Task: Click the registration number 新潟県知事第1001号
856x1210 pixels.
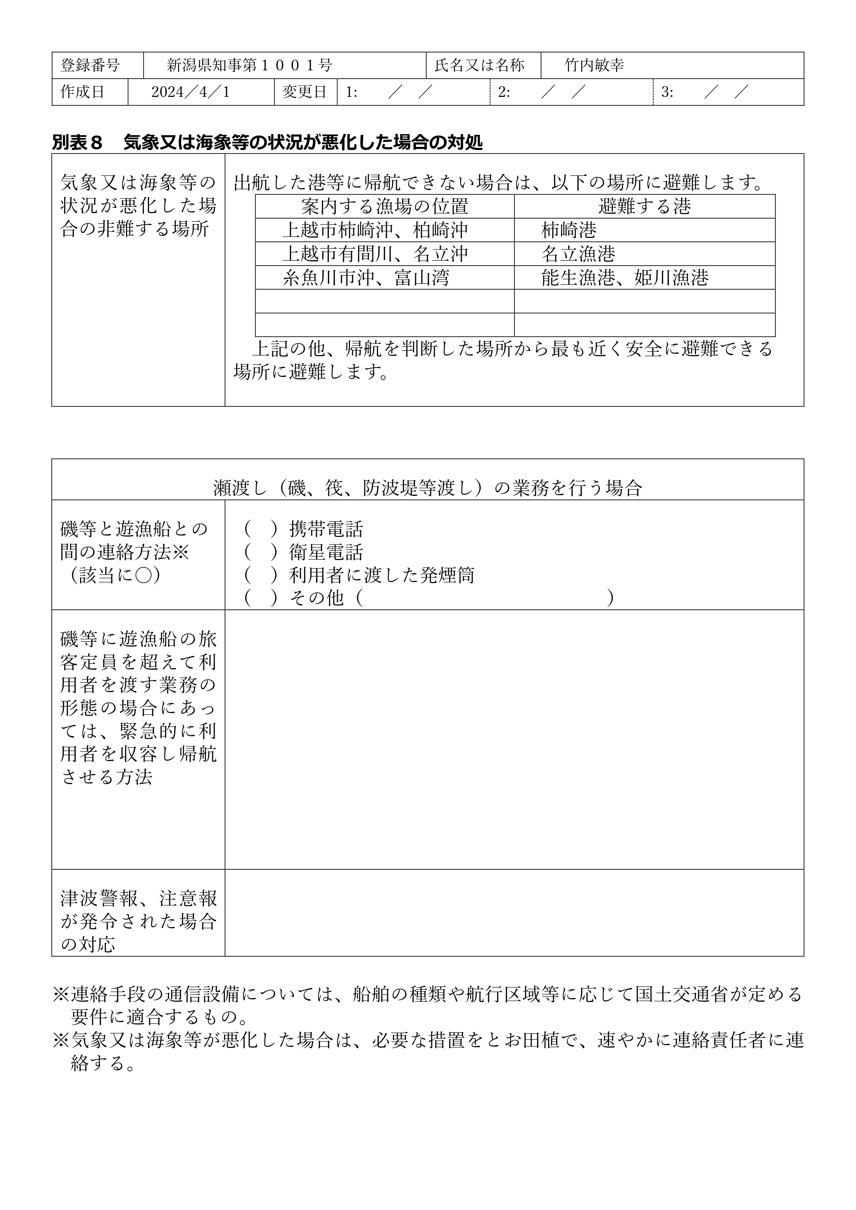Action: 249,66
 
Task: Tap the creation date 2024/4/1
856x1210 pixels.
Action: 190,92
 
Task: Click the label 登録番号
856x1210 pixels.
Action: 90,66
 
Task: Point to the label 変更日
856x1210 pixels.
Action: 305,92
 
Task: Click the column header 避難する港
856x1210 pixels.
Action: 645,206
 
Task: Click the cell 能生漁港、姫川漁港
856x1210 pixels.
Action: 624,278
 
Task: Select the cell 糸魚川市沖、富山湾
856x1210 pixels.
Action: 365,278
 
